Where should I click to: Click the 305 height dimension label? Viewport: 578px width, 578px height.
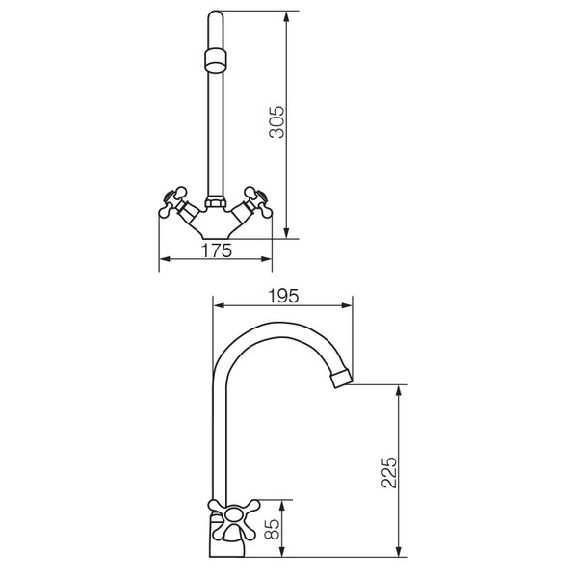point(276,122)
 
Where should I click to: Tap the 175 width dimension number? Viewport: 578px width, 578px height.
point(217,250)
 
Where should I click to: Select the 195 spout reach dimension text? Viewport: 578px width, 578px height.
point(283,296)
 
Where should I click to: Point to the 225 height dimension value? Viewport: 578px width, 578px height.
point(389,473)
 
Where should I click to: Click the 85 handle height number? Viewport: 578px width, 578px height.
point(274,529)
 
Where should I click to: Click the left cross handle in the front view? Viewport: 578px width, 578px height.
point(172,201)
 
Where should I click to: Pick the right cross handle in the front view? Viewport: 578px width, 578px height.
point(258,201)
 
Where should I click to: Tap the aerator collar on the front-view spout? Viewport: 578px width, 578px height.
point(215,60)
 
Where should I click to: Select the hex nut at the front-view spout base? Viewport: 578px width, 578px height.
point(215,202)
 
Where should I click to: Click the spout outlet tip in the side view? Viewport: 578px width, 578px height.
point(341,378)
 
